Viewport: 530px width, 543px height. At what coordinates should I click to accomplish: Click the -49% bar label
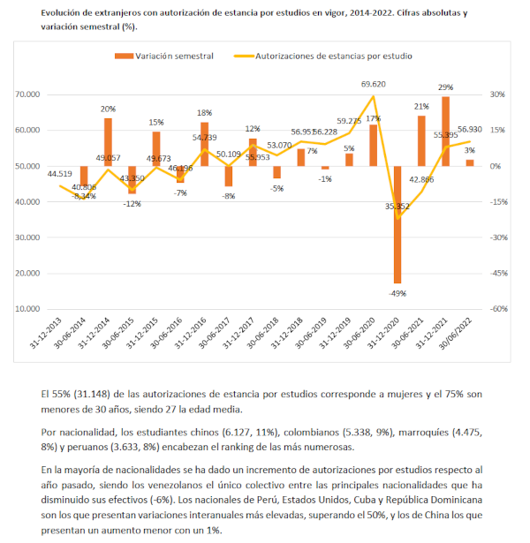[397, 293]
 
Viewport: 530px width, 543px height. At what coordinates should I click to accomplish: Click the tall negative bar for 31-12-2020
[397, 224]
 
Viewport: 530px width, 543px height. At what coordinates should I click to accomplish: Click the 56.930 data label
[470, 128]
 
